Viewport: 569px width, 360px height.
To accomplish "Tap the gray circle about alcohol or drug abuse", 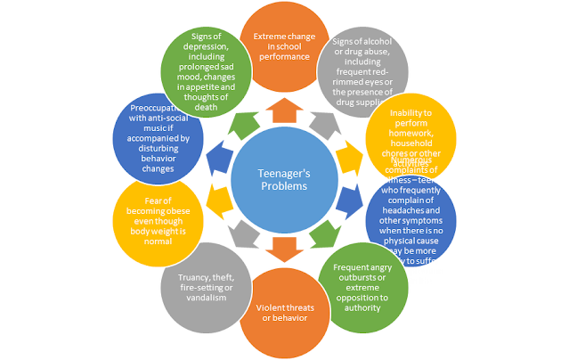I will pyautogui.click(x=362, y=71).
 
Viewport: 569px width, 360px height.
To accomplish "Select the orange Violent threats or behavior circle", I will pyautogui.click(x=284, y=314).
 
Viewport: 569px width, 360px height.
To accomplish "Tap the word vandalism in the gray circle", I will pyautogui.click(x=206, y=298).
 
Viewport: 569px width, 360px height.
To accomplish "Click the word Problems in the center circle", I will pyautogui.click(x=284, y=188).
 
